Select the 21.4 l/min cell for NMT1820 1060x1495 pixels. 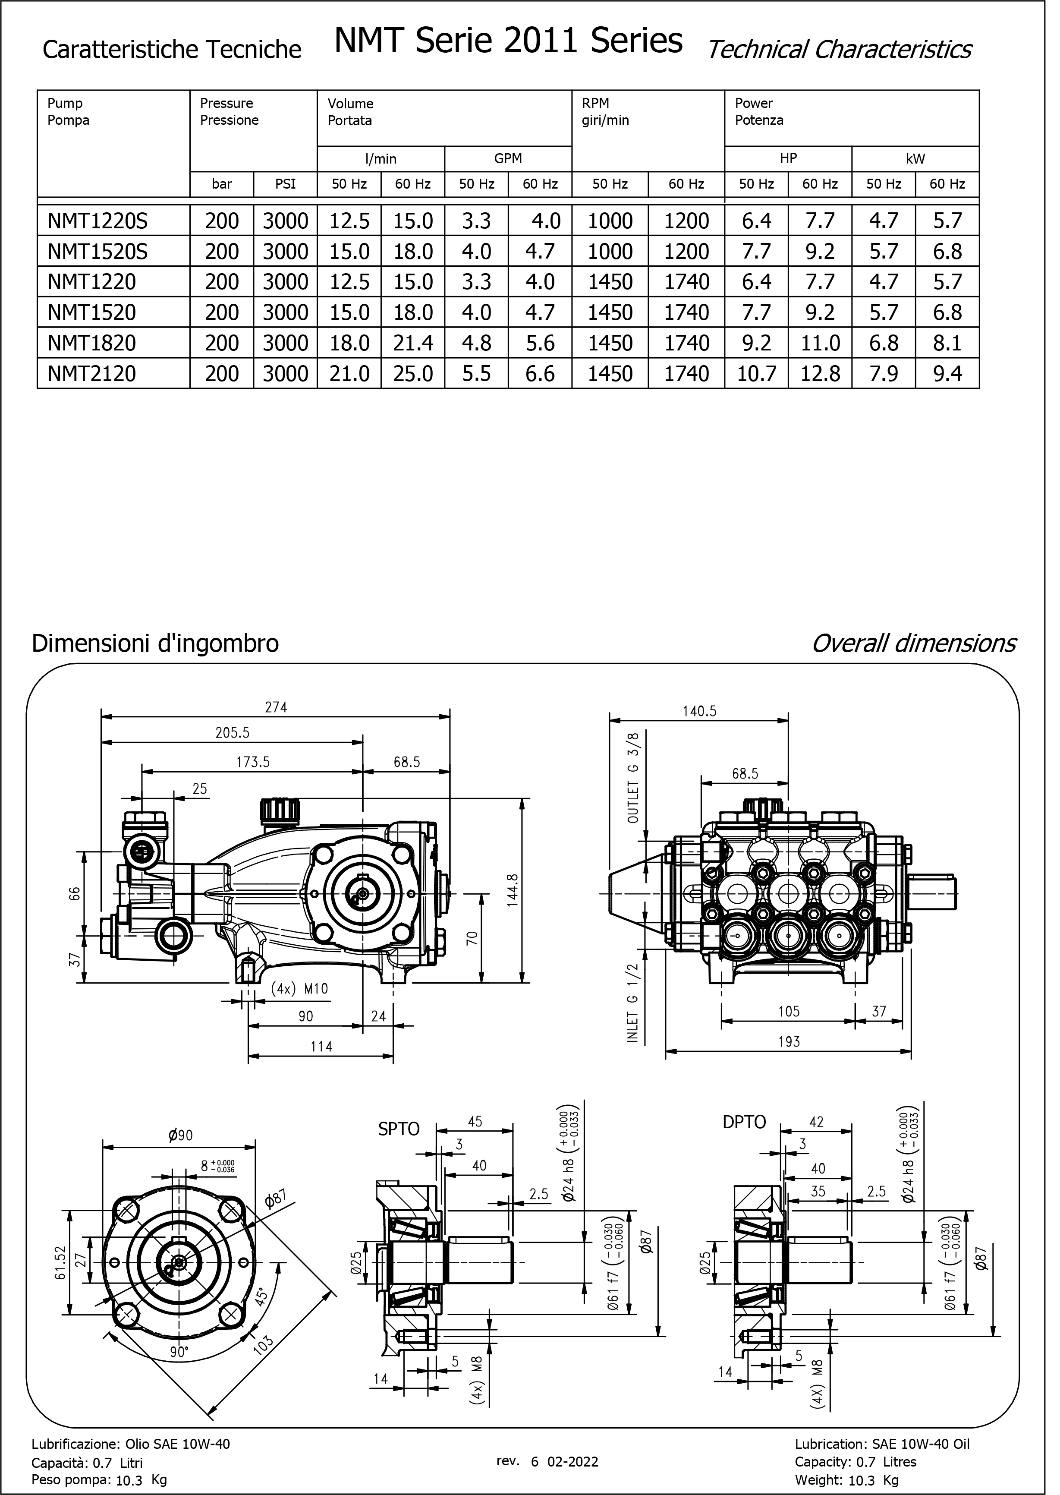tap(418, 347)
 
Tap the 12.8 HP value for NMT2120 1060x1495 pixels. tap(831, 378)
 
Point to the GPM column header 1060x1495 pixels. tap(515, 161)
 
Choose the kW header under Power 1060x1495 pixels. tap(928, 161)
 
